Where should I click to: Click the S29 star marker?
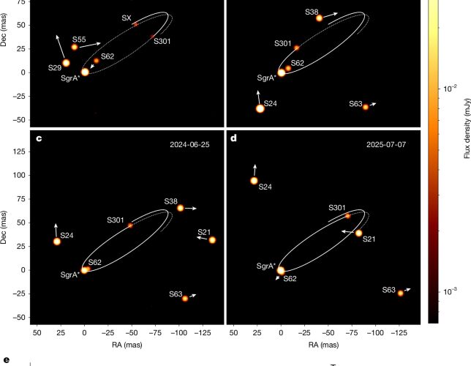66,63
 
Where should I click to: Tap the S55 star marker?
75,47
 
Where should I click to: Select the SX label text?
127,18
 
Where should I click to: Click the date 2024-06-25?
189,145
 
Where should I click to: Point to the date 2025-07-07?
386,145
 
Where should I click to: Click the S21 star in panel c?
212,240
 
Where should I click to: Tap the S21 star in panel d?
358,233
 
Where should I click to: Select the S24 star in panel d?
254,181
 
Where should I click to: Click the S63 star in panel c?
185,299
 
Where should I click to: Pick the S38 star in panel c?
180,208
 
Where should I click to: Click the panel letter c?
39,138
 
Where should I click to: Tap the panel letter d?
233,138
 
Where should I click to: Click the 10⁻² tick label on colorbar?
450,88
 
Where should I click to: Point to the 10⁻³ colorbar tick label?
450,291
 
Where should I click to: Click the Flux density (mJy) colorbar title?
467,128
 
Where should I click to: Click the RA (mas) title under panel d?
323,345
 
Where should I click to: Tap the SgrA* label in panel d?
266,266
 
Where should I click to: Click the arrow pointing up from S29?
61,47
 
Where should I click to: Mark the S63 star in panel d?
400,293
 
